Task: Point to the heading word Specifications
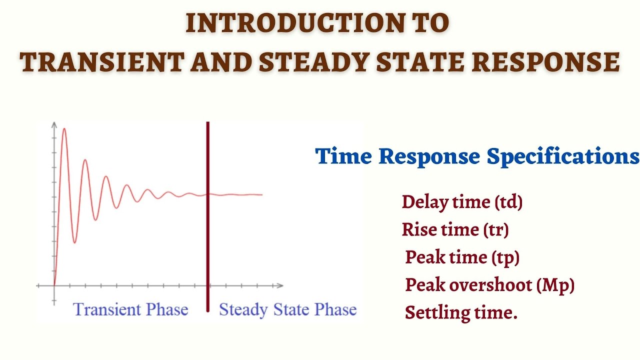[563, 157]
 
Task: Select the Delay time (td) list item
[462, 202]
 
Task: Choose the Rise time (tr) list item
[455, 230]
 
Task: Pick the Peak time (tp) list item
[462, 257]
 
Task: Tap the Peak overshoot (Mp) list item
[489, 285]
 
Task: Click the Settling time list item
[460, 313]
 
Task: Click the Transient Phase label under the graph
[130, 309]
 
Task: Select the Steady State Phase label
[287, 309]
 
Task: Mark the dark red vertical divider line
[207, 215]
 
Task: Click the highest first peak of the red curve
[64, 129]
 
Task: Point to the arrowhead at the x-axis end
[280, 286]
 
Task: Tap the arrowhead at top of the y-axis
[53, 123]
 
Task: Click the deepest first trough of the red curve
[74, 242]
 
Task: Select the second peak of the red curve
[85, 160]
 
